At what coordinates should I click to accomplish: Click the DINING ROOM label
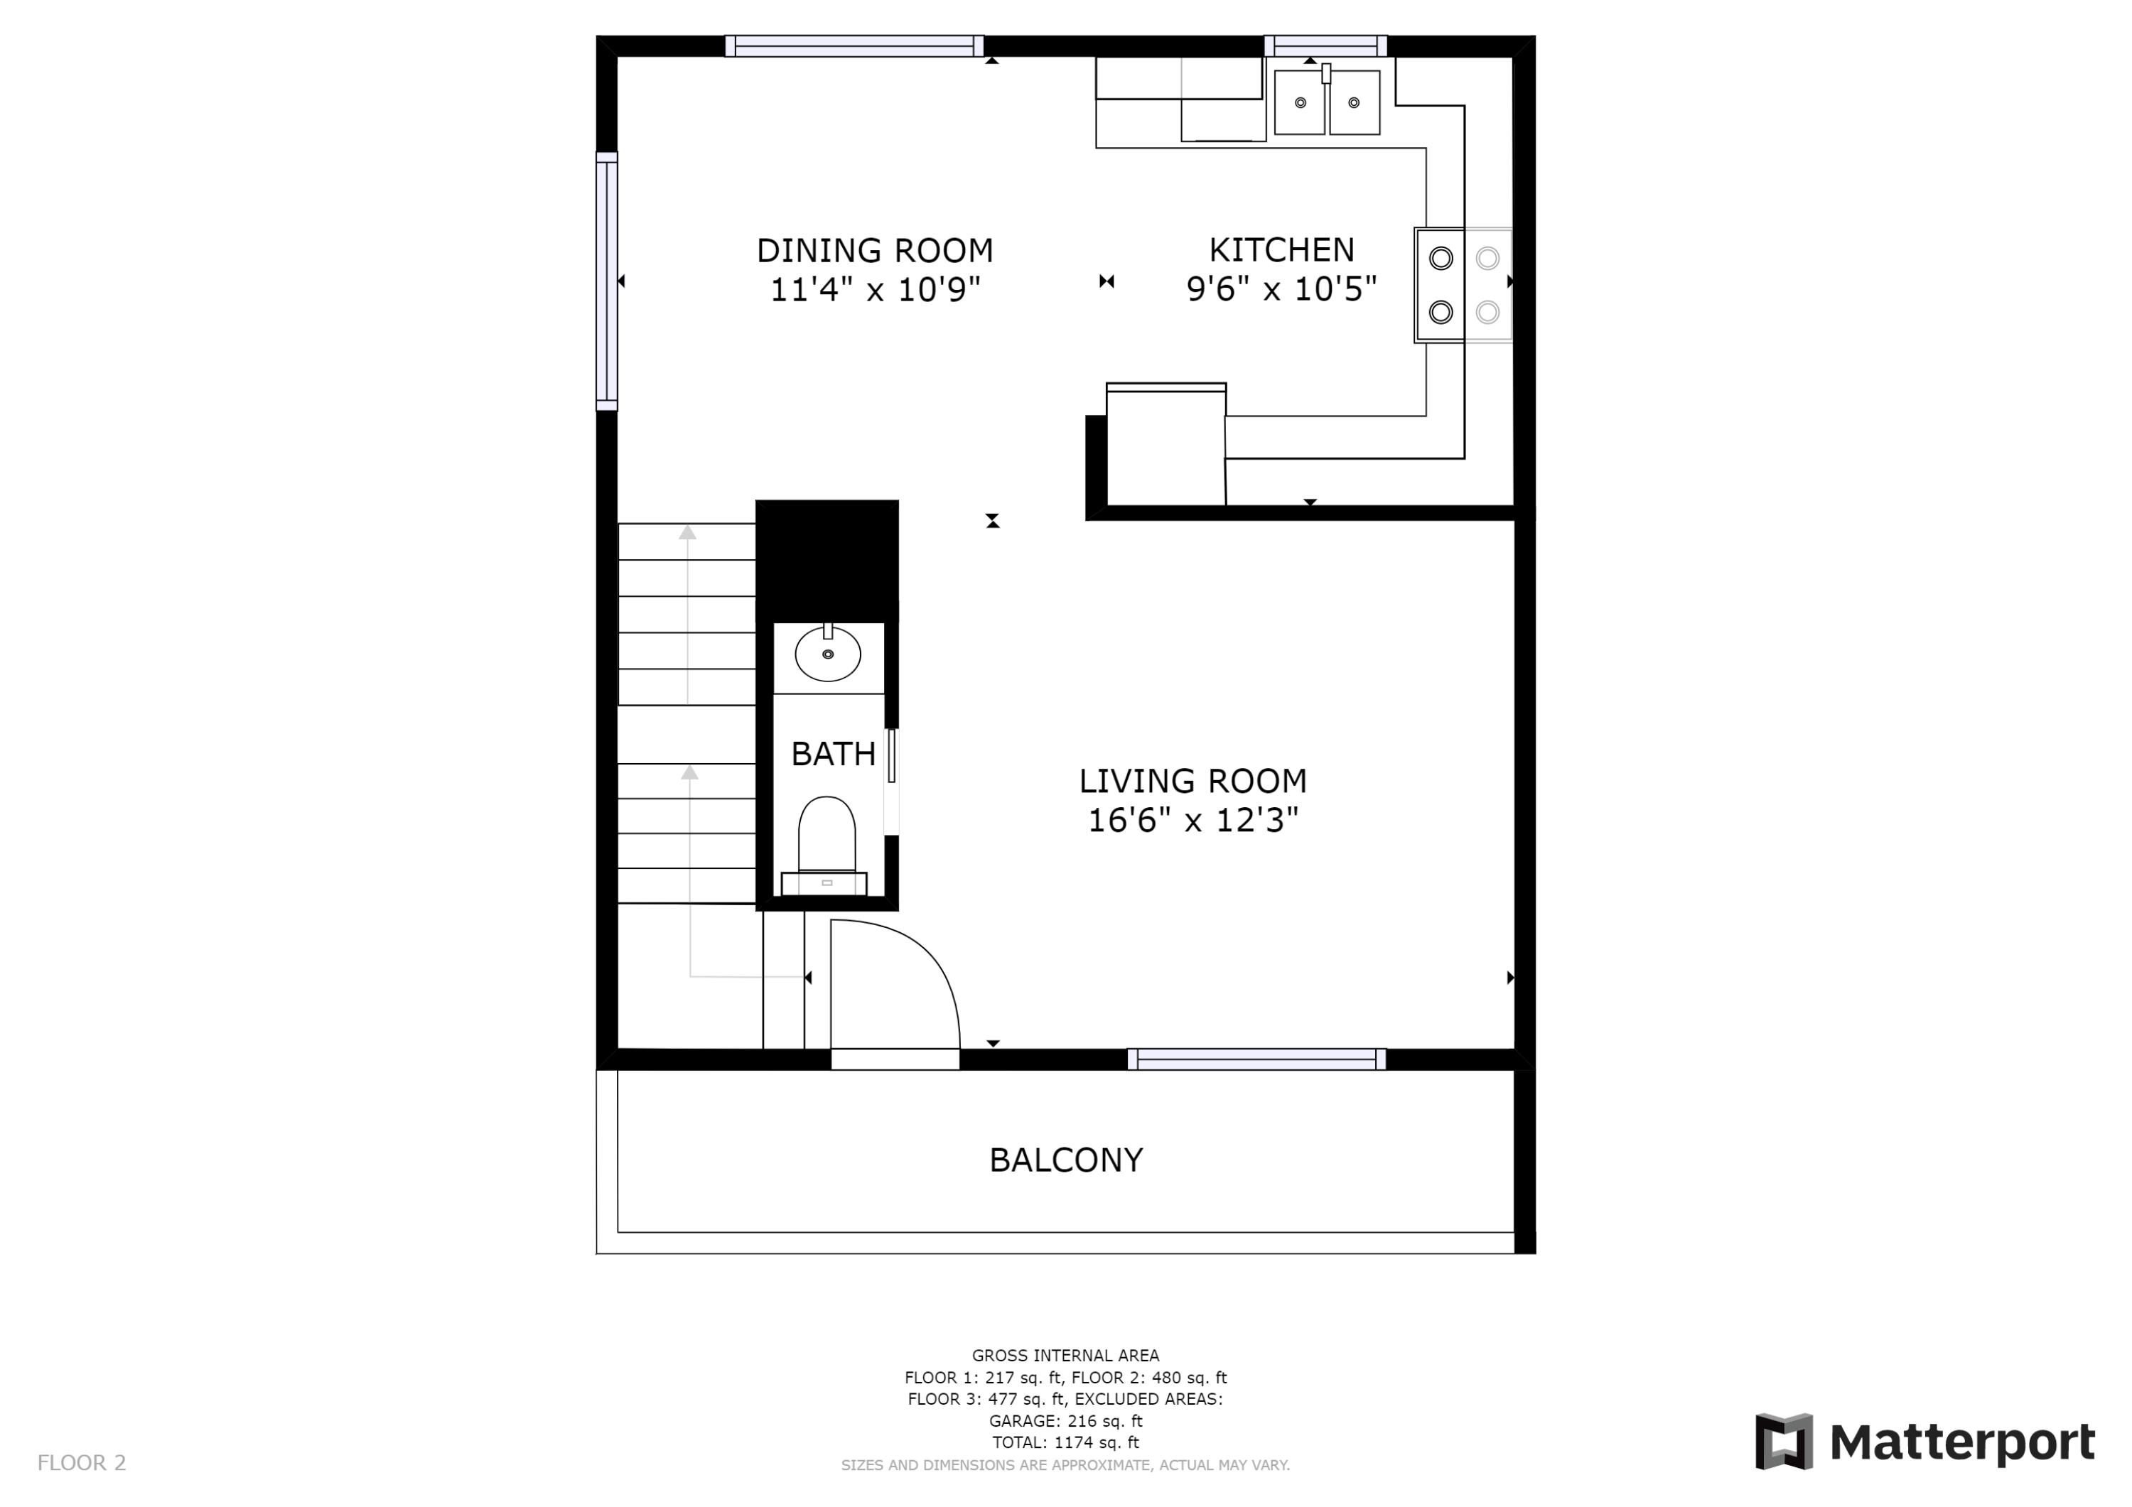(875, 251)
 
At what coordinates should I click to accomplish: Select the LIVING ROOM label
(1192, 781)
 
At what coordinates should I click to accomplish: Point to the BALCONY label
(1065, 1161)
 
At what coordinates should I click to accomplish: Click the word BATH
(833, 754)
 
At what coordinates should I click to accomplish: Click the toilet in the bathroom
(827, 836)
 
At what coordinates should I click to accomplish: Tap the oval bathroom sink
(827, 654)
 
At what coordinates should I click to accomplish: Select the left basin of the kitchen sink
(1299, 102)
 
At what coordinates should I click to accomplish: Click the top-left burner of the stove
(1441, 258)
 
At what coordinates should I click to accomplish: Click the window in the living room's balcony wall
(1256, 1059)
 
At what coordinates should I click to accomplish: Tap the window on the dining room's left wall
(606, 281)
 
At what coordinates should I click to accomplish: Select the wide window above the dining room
(854, 45)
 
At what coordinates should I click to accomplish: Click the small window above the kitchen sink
(1325, 45)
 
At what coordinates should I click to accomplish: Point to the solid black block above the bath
(827, 559)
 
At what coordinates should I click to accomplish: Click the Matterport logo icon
(1783, 1442)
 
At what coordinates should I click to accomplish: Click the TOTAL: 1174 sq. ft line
(1065, 1442)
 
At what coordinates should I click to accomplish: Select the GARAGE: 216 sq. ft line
(1065, 1420)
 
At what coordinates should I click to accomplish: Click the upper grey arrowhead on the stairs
(687, 532)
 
